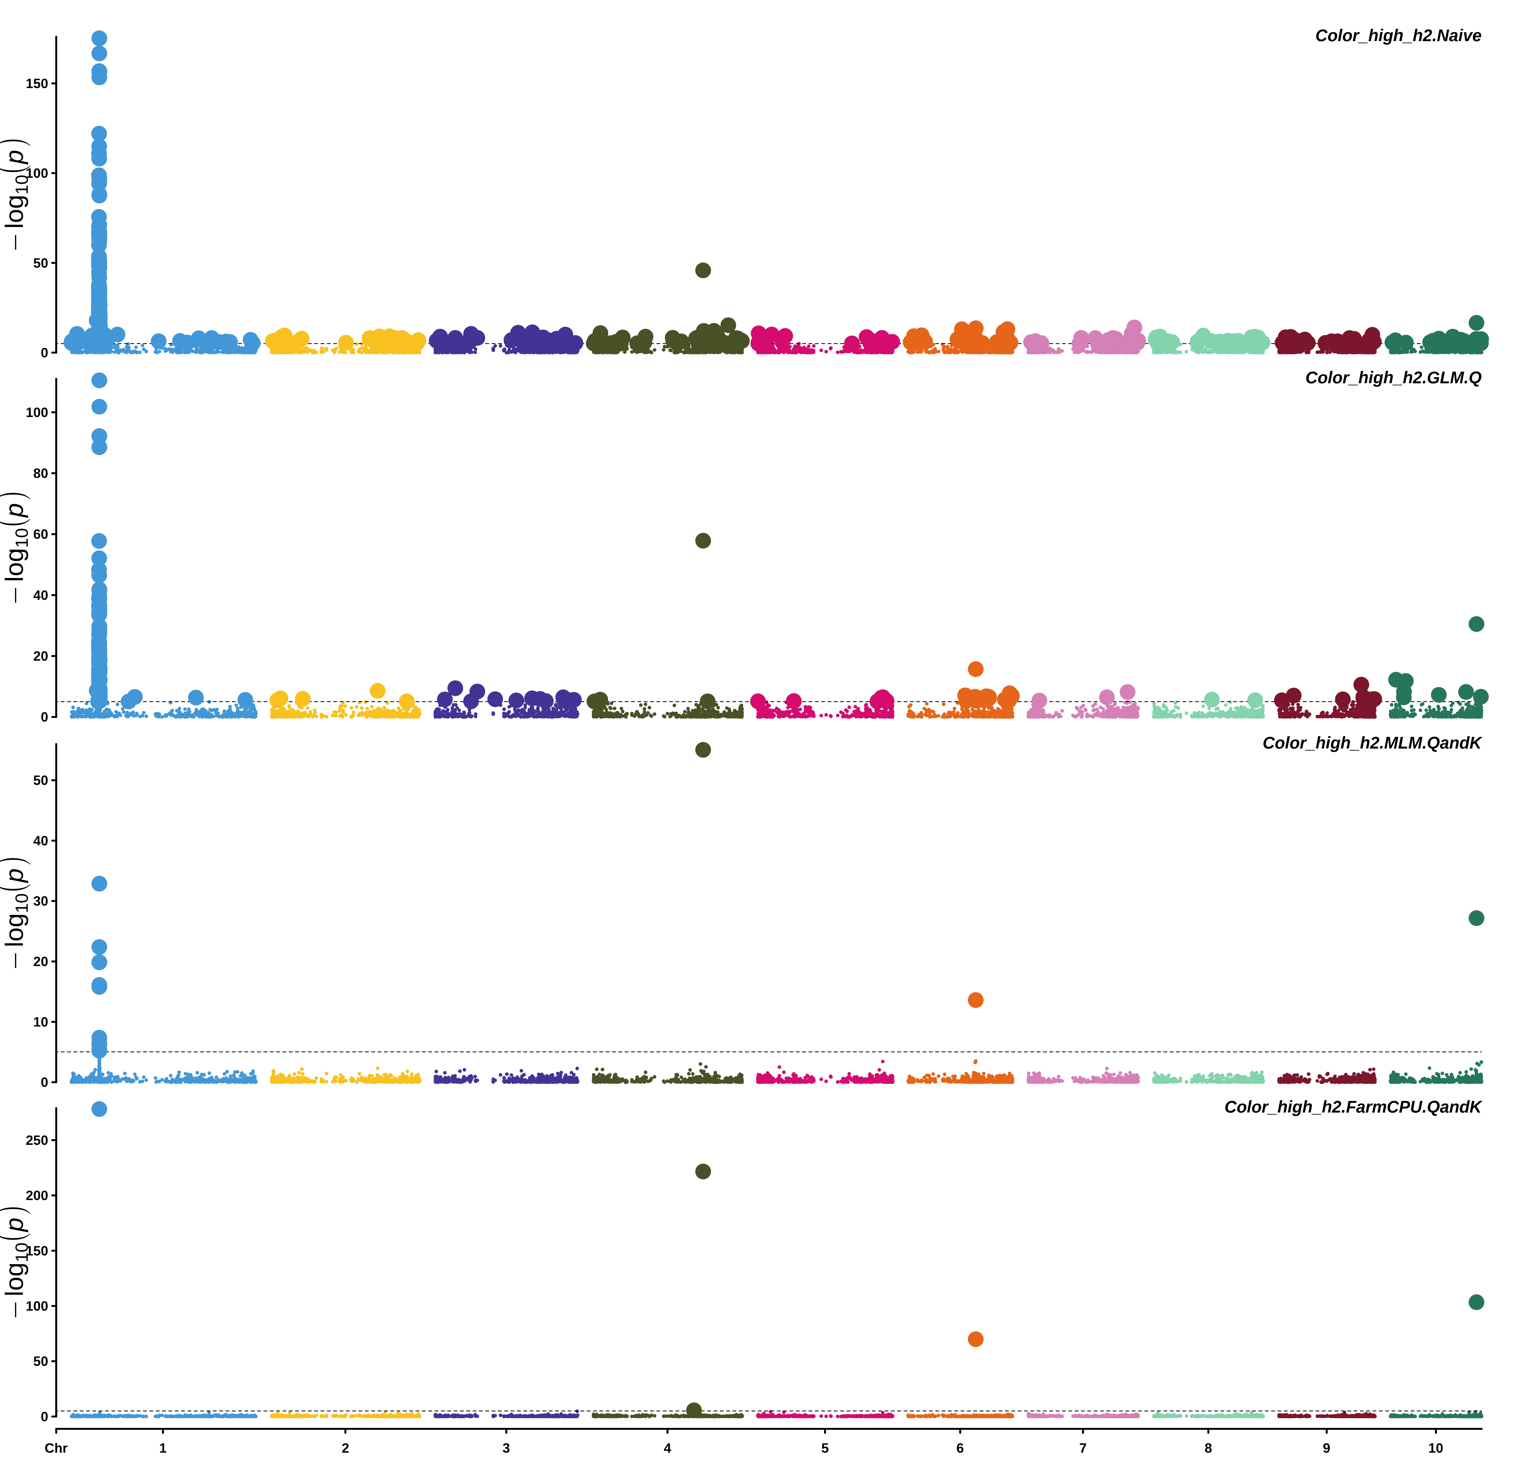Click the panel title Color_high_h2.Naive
(x=1398, y=36)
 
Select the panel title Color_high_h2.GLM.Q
(x=1393, y=378)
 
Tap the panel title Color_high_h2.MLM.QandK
(x=1371, y=743)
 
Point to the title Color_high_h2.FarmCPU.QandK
(x=1353, y=1107)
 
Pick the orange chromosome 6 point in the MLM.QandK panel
(x=975, y=1000)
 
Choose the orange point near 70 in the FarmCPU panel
(x=975, y=1339)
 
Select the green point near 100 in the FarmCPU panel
(x=1476, y=1302)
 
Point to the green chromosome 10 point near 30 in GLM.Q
(x=1476, y=624)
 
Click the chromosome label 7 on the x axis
(x=1083, y=1448)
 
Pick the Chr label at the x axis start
(x=56, y=1448)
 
